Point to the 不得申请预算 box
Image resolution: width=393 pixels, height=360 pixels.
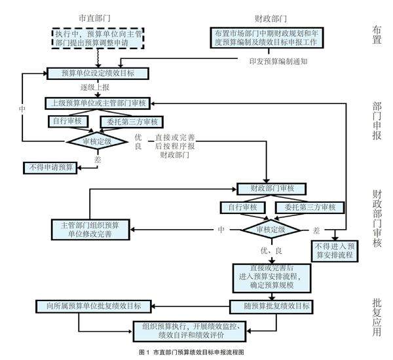pos(50,167)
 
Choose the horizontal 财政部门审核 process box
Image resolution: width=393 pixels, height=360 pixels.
pos(266,190)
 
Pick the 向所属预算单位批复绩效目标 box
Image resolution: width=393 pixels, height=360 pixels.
pos(94,306)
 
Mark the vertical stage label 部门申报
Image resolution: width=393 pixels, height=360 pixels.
pos(378,120)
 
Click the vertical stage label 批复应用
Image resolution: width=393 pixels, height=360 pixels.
pos(378,316)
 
